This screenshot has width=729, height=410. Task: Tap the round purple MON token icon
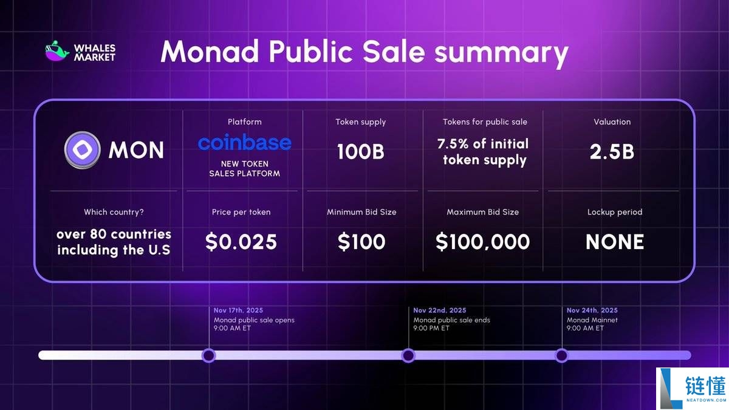82,149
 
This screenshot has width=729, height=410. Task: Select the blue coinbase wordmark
244,143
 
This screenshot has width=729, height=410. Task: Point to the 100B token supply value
361,152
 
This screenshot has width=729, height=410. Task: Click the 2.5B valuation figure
612,152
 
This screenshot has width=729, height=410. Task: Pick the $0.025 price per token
241,242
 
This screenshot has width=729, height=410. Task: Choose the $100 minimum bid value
361,242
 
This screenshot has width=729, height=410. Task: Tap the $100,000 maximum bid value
482,242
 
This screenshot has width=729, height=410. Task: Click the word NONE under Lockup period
614,242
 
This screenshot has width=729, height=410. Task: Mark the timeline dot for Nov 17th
208,355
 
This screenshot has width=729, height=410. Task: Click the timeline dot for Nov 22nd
408,355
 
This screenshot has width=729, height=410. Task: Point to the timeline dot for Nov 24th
561,355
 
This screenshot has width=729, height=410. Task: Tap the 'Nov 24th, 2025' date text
592,310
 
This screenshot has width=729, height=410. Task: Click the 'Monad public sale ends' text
451,320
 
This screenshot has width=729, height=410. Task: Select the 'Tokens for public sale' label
485,122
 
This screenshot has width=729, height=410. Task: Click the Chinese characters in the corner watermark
705,387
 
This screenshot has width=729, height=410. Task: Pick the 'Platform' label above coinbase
244,122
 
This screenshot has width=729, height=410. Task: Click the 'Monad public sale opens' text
254,320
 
